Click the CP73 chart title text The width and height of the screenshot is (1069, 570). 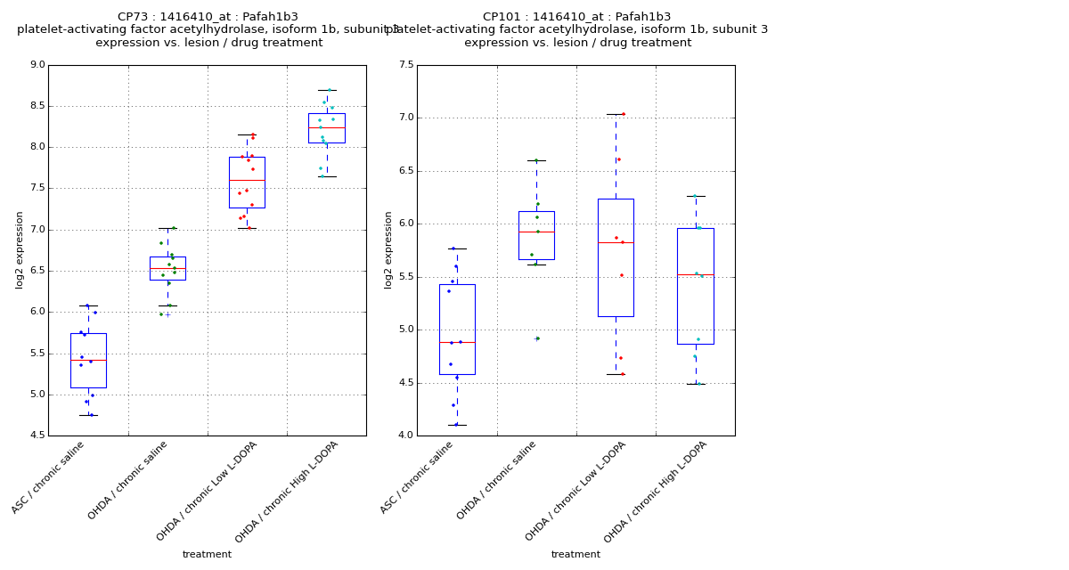coord(208,17)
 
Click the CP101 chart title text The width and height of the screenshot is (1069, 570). coord(576,17)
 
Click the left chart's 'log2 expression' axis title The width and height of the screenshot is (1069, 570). coord(20,249)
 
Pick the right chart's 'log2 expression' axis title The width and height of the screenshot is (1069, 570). coord(388,249)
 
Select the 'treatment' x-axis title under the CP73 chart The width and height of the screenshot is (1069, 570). coord(207,555)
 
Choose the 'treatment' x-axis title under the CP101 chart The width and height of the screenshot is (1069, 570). coord(575,555)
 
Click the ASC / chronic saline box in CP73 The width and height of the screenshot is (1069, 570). coord(88,361)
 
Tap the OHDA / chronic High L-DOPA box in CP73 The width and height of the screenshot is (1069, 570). coord(327,127)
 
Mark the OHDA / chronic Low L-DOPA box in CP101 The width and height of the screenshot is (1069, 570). coord(616,257)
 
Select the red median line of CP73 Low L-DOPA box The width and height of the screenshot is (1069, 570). coord(247,180)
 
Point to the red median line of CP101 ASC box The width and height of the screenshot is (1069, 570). coord(457,342)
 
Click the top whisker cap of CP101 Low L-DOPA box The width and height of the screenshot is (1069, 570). coord(616,114)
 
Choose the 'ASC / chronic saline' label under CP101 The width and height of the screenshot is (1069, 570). coord(419,476)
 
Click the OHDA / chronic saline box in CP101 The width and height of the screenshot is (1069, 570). coord(536,235)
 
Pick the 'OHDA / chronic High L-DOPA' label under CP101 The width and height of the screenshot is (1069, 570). coord(657,491)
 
